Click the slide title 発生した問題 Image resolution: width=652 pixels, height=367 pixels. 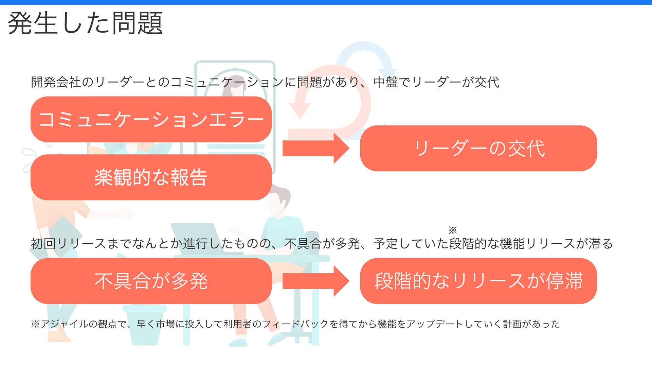85,23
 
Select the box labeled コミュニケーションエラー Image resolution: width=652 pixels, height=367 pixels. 151,119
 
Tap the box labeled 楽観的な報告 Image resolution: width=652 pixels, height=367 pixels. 151,177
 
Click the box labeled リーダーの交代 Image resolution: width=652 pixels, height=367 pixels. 478,148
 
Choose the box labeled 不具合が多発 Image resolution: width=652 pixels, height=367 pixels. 151,281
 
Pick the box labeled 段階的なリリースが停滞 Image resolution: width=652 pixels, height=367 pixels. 478,281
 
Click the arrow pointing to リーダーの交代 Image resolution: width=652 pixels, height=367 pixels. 315,148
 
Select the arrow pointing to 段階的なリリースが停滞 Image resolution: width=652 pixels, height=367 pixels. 315,281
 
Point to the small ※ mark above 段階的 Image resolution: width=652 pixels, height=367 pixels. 453,230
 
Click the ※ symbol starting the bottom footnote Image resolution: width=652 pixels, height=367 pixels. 35,324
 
